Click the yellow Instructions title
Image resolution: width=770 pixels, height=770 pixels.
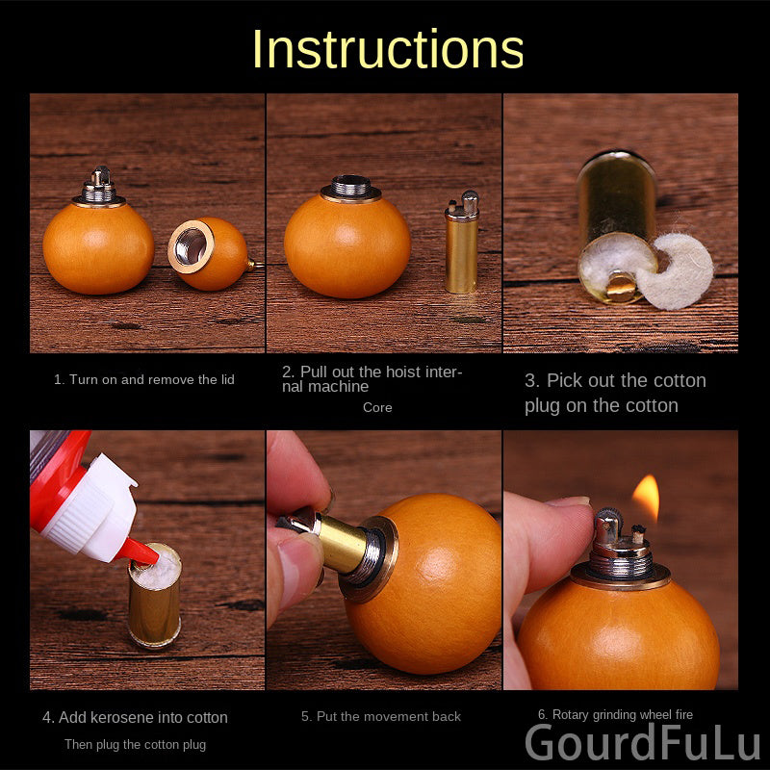click(388, 49)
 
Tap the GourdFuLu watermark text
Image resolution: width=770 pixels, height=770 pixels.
click(642, 742)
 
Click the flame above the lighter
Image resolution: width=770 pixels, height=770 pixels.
click(646, 497)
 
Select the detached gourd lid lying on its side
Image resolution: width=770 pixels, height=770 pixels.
click(210, 253)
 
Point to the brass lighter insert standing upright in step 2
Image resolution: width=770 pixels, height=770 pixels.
click(462, 242)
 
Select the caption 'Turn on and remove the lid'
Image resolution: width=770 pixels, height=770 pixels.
click(152, 379)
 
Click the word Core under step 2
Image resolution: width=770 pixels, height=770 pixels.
click(377, 407)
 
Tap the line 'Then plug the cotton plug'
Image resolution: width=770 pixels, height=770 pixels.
click(135, 744)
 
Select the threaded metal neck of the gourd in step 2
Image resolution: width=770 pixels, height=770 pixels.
click(350, 187)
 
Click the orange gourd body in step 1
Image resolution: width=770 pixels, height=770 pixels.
click(98, 248)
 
